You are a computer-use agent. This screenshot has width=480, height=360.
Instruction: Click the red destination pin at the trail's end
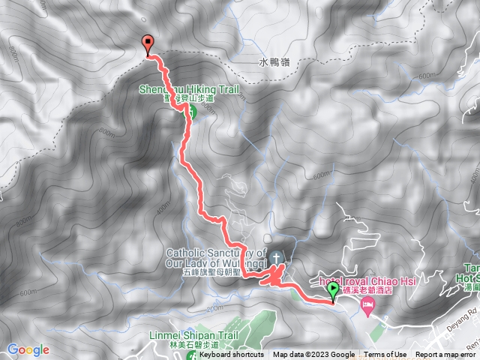pos(148,44)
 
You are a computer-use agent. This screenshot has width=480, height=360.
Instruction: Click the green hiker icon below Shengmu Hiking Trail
pos(190,113)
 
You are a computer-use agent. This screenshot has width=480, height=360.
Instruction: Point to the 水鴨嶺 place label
pos(274,62)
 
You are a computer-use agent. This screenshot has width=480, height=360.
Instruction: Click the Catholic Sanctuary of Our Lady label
pos(214,258)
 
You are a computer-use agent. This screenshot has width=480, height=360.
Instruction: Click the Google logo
pos(28,349)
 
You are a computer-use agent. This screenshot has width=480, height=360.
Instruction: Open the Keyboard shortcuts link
pos(232,355)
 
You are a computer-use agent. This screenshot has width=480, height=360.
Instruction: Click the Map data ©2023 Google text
pos(313,355)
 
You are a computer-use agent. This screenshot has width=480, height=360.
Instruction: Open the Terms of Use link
pos(387,355)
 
